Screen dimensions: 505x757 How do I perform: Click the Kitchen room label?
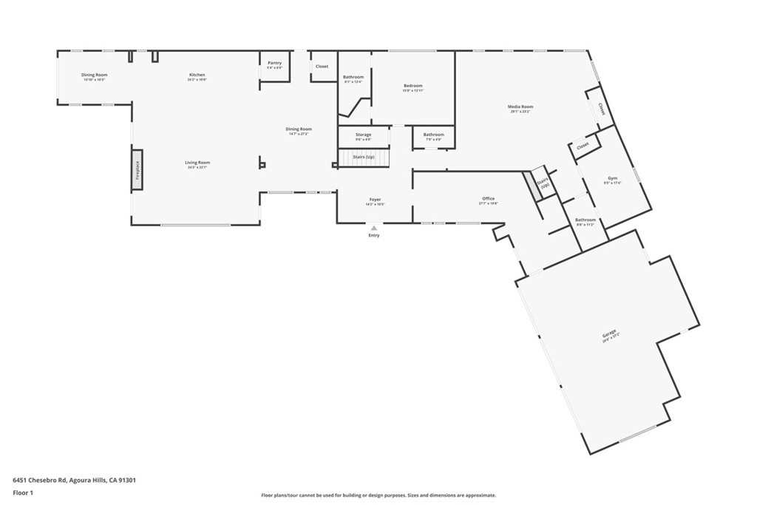[x=197, y=75]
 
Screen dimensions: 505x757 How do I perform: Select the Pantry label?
[x=274, y=64]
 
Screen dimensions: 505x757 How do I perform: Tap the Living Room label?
[x=197, y=163]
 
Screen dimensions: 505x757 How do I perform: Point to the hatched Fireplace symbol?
[x=137, y=171]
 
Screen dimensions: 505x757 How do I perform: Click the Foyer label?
[x=375, y=200]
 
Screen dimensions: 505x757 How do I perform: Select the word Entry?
[x=374, y=235]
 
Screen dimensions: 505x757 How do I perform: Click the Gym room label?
[x=612, y=178]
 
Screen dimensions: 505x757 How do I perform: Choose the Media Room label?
[x=520, y=107]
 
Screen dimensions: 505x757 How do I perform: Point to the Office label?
[x=488, y=199]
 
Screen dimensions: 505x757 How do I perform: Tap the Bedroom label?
[x=413, y=86]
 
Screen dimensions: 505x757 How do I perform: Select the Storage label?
[x=363, y=135]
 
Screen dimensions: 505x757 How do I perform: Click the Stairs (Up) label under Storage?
[x=363, y=157]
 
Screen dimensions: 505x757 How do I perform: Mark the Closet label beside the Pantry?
[x=322, y=67]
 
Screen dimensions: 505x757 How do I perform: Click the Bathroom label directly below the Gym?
[x=585, y=220]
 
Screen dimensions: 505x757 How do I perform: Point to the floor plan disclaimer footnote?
[x=378, y=495]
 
